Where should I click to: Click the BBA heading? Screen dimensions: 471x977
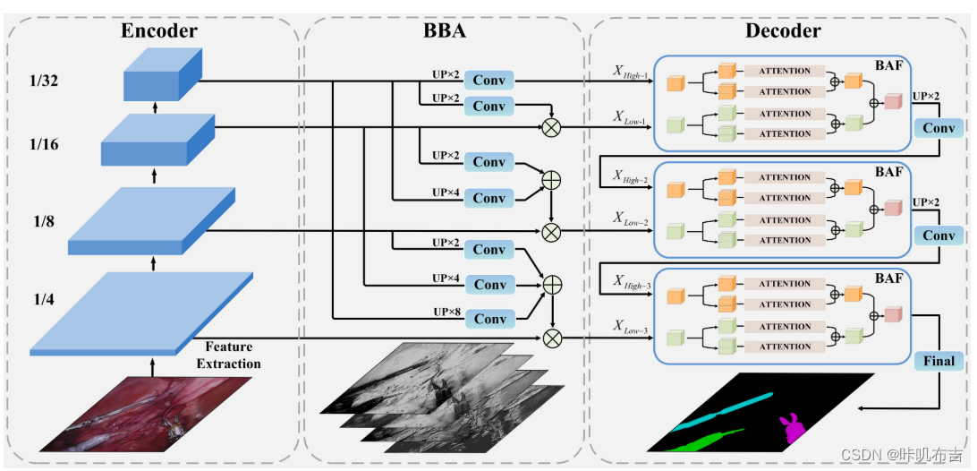pos(445,32)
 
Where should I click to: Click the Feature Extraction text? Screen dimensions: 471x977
pos(229,355)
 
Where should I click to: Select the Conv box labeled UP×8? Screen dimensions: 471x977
pos(489,319)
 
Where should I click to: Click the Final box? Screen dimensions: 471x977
pos(939,361)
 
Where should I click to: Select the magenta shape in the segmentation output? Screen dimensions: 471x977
pos(792,428)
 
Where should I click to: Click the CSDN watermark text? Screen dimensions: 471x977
pos(913,453)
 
